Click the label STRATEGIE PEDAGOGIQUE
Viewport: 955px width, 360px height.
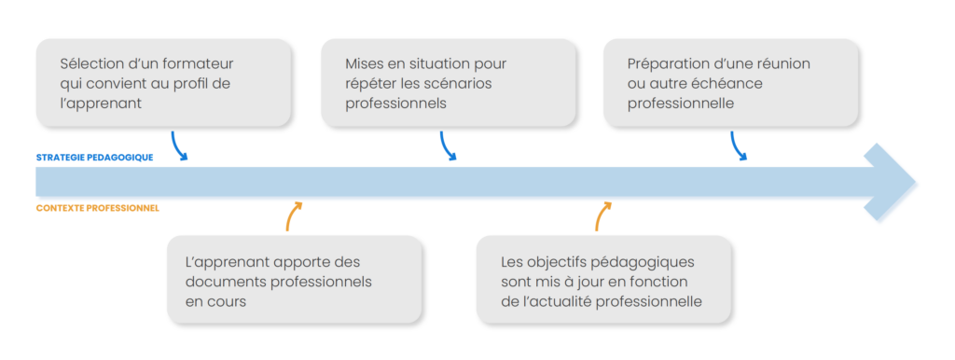point(94,158)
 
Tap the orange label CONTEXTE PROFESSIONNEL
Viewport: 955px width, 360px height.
point(97,208)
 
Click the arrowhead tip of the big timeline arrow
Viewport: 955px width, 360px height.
point(914,183)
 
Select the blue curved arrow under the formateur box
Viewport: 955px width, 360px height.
point(180,147)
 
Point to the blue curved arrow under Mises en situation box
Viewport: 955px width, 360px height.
point(448,147)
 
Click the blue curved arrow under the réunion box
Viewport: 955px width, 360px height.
point(739,147)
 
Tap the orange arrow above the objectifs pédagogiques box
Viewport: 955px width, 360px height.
point(602,215)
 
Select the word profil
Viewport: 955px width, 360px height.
point(192,84)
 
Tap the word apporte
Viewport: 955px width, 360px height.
point(292,262)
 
